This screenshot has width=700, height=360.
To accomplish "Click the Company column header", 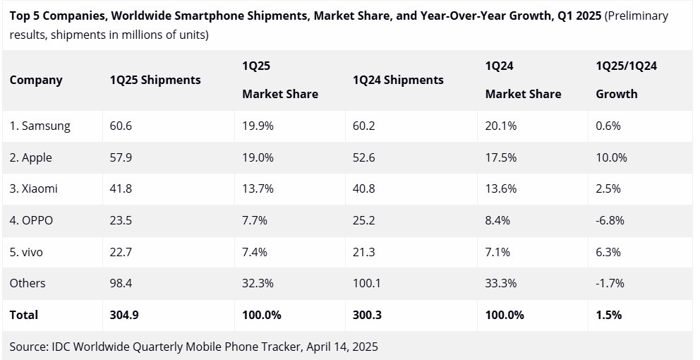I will pyautogui.click(x=36, y=80).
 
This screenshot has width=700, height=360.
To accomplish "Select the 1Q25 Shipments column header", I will pyautogui.click(x=155, y=80).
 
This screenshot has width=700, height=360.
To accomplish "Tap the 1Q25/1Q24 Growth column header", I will pyautogui.click(x=627, y=80).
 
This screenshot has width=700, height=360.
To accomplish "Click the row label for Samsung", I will pyautogui.click(x=40, y=126).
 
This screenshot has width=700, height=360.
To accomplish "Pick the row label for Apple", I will pyautogui.click(x=31, y=157).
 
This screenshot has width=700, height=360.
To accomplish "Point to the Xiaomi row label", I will pyautogui.click(x=34, y=188).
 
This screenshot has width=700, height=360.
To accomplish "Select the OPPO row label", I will pyautogui.click(x=31, y=220).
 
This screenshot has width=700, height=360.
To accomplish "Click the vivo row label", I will pyautogui.click(x=28, y=251).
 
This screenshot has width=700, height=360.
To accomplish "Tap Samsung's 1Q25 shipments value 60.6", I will pyautogui.click(x=121, y=126).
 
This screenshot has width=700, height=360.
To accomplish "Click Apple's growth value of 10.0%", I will pyautogui.click(x=612, y=157).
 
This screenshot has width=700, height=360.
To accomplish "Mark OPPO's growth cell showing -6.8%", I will pyautogui.click(x=610, y=220).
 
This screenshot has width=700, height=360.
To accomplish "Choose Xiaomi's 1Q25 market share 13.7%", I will pyautogui.click(x=258, y=188).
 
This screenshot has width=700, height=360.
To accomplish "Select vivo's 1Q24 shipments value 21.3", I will pyautogui.click(x=363, y=251).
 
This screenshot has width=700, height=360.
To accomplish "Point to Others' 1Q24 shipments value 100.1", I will pyautogui.click(x=366, y=283).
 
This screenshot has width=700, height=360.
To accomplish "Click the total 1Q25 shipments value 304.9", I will pyautogui.click(x=124, y=315).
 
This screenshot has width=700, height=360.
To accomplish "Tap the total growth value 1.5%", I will pyautogui.click(x=609, y=315).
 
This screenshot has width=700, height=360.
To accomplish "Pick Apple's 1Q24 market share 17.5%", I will pyautogui.click(x=501, y=157).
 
